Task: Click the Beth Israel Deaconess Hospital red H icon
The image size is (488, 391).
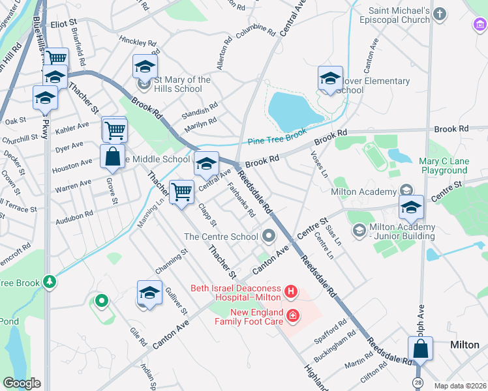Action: click(292, 290)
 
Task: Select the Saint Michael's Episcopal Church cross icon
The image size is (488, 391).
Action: click(442, 14)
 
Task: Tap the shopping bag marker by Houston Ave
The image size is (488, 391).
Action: click(112, 157)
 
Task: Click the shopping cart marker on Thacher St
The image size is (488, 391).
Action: click(181, 192)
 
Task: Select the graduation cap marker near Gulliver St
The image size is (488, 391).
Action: click(149, 293)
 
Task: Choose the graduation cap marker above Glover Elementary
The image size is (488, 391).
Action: click(331, 80)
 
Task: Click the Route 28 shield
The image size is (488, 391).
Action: click(416, 381)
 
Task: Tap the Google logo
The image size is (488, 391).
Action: click(22, 383)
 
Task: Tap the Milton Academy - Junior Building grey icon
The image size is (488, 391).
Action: click(359, 231)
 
